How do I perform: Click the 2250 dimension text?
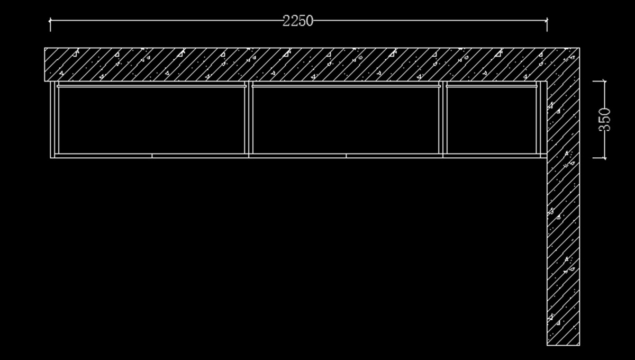click(x=298, y=21)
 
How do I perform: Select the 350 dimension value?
click(x=606, y=119)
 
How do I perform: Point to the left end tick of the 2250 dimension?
click(x=50, y=21)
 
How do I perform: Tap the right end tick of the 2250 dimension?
click(x=547, y=21)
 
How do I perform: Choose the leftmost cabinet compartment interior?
click(x=151, y=120)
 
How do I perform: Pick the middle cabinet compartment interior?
click(x=346, y=120)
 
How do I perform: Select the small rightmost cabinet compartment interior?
click(x=491, y=120)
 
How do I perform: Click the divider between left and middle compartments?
click(x=249, y=119)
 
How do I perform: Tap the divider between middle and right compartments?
click(x=443, y=119)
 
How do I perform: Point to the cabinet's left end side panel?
click(x=52, y=119)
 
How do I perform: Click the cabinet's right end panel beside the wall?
click(x=542, y=119)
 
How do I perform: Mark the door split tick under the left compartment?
click(x=152, y=156)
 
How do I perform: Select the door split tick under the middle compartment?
click(x=346, y=156)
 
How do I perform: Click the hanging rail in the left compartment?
click(x=151, y=85)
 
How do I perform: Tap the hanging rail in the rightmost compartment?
click(x=491, y=85)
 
